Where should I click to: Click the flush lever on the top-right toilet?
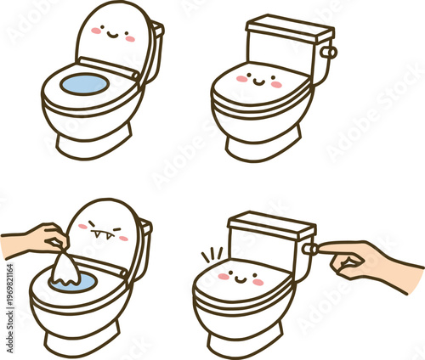[328, 53]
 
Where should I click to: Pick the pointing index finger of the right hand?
[336, 249]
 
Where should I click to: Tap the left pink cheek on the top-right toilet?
[242, 79]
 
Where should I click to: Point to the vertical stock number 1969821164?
[9, 306]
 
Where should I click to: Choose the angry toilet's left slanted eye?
[92, 224]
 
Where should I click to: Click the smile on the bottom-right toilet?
[241, 276]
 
